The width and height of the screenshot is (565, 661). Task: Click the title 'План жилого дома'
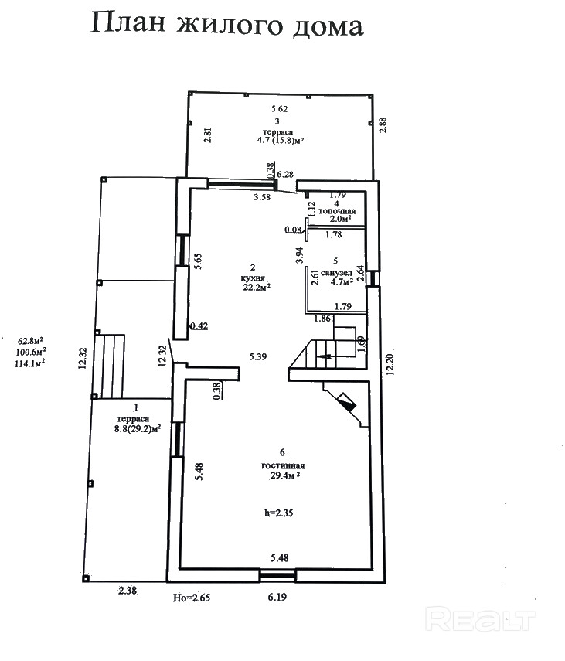pyautogui.click(x=226, y=26)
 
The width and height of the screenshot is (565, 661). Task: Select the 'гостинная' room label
pyautogui.click(x=283, y=466)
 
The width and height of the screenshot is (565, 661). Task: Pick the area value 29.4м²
pyautogui.click(x=283, y=476)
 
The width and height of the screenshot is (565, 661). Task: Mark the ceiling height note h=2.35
pyautogui.click(x=279, y=512)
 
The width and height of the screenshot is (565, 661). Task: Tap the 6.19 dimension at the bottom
pyautogui.click(x=278, y=596)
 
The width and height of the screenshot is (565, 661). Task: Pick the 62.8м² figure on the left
pyautogui.click(x=30, y=339)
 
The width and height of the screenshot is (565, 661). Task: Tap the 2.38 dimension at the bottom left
pyautogui.click(x=127, y=591)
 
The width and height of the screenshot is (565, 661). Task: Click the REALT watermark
pyautogui.click(x=481, y=618)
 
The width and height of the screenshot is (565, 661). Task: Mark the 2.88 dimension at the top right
pyautogui.click(x=383, y=126)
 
